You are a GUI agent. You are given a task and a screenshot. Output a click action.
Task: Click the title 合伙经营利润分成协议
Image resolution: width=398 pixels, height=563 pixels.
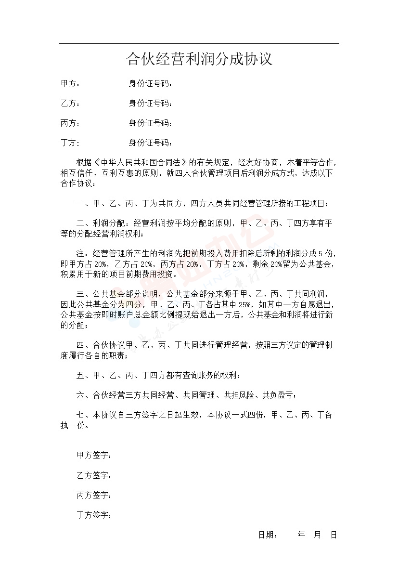tap(199, 59)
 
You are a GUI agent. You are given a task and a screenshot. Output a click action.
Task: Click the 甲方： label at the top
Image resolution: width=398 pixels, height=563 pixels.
tap(70, 84)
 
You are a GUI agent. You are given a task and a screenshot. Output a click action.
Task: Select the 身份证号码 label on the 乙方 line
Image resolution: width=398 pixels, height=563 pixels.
tap(150, 104)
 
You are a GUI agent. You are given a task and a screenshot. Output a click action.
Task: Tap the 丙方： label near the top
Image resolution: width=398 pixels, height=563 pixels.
tap(70, 123)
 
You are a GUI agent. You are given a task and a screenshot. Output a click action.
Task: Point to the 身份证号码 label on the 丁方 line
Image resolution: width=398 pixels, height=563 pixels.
tap(150, 143)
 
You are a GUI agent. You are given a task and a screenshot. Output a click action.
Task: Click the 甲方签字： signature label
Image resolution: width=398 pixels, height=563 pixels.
tap(94, 456)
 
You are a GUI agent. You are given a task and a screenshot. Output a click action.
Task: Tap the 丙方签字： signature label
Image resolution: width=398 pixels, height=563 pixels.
tap(94, 496)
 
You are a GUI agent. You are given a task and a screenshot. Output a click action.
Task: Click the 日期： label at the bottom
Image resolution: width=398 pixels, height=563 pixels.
tap(267, 535)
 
